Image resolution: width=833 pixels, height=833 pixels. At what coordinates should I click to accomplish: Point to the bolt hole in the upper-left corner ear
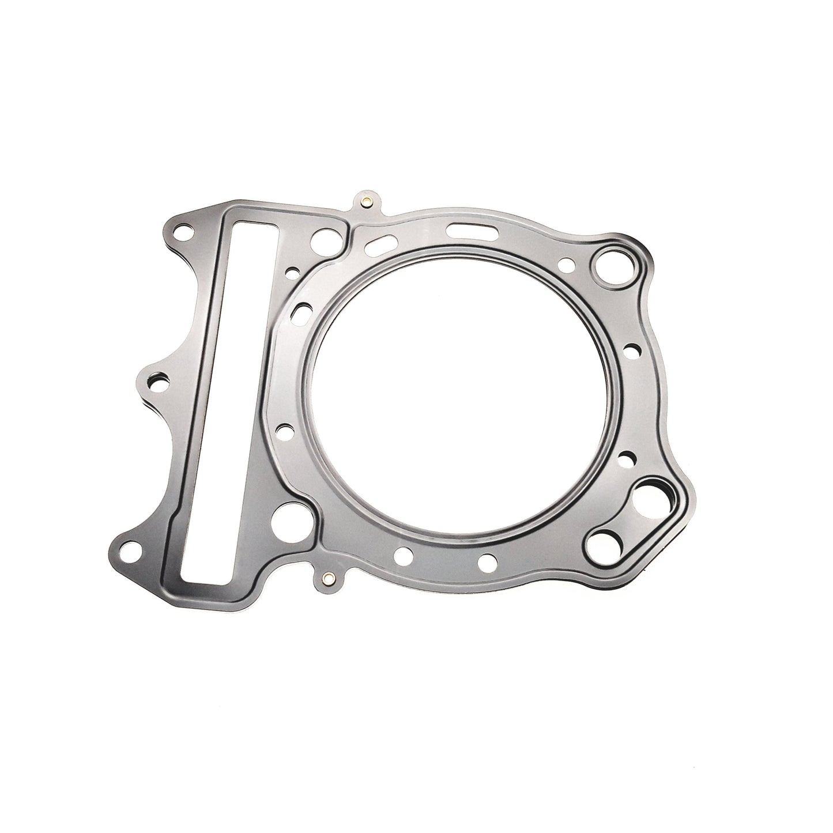[184, 233]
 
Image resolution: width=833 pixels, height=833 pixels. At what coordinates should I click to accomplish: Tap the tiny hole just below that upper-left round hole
[295, 271]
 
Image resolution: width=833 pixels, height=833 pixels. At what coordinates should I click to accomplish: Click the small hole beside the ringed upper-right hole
[568, 265]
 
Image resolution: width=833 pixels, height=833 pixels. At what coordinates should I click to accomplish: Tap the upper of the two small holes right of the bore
[632, 349]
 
